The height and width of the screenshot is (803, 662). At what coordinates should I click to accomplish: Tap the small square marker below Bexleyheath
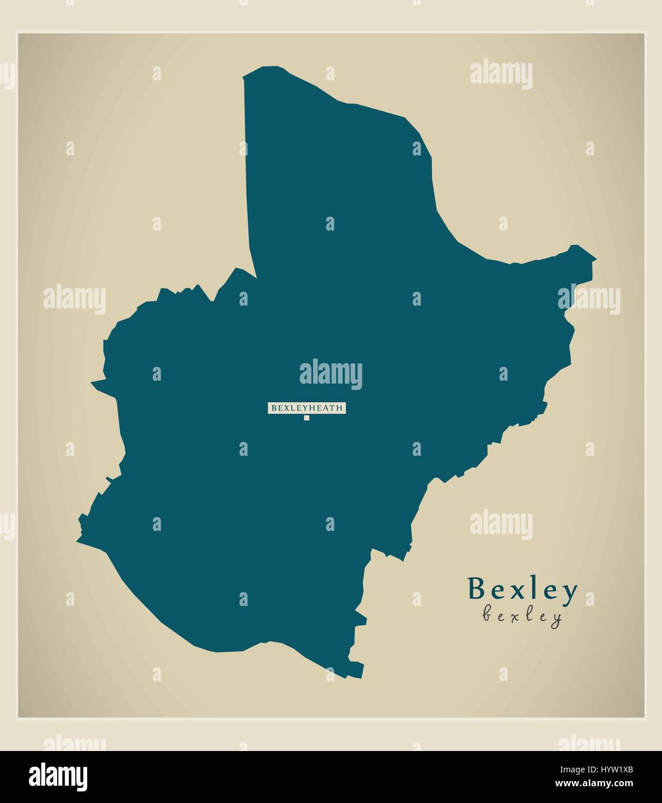pyautogui.click(x=307, y=418)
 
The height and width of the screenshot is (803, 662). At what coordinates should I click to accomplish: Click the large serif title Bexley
pyautogui.click(x=522, y=589)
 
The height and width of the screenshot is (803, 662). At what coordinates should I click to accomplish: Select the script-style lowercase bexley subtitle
pyautogui.click(x=522, y=616)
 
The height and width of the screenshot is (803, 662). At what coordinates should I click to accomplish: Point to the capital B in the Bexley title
pyautogui.click(x=478, y=589)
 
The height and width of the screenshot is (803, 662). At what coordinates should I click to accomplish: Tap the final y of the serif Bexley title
pyautogui.click(x=568, y=592)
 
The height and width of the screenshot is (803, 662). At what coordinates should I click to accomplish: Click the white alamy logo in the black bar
pyautogui.click(x=58, y=776)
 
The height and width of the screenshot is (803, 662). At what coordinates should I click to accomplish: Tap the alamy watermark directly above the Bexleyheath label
pyautogui.click(x=330, y=374)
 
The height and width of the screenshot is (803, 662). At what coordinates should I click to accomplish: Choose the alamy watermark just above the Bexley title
pyautogui.click(x=501, y=524)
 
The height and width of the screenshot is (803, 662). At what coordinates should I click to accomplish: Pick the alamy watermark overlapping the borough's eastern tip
pyautogui.click(x=589, y=299)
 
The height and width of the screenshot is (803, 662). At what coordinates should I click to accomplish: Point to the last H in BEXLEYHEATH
pyautogui.click(x=340, y=408)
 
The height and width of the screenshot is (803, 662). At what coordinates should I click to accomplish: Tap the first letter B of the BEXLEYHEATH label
pyautogui.click(x=273, y=408)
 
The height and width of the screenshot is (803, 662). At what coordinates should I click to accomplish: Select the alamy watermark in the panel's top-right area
pyautogui.click(x=501, y=74)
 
